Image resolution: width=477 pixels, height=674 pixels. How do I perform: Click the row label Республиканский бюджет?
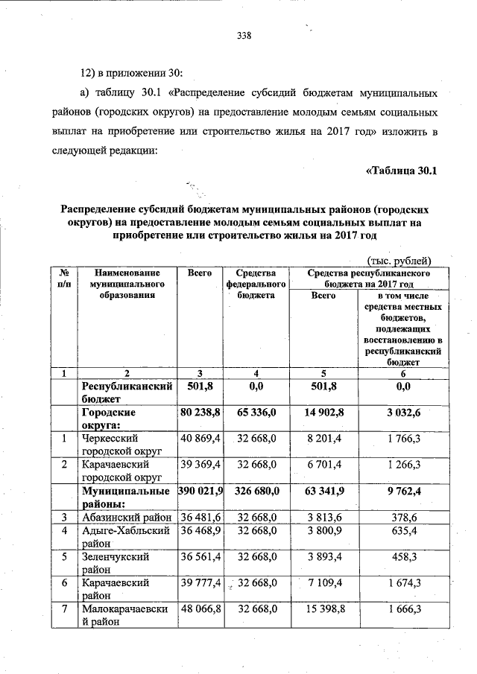tap(127, 392)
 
